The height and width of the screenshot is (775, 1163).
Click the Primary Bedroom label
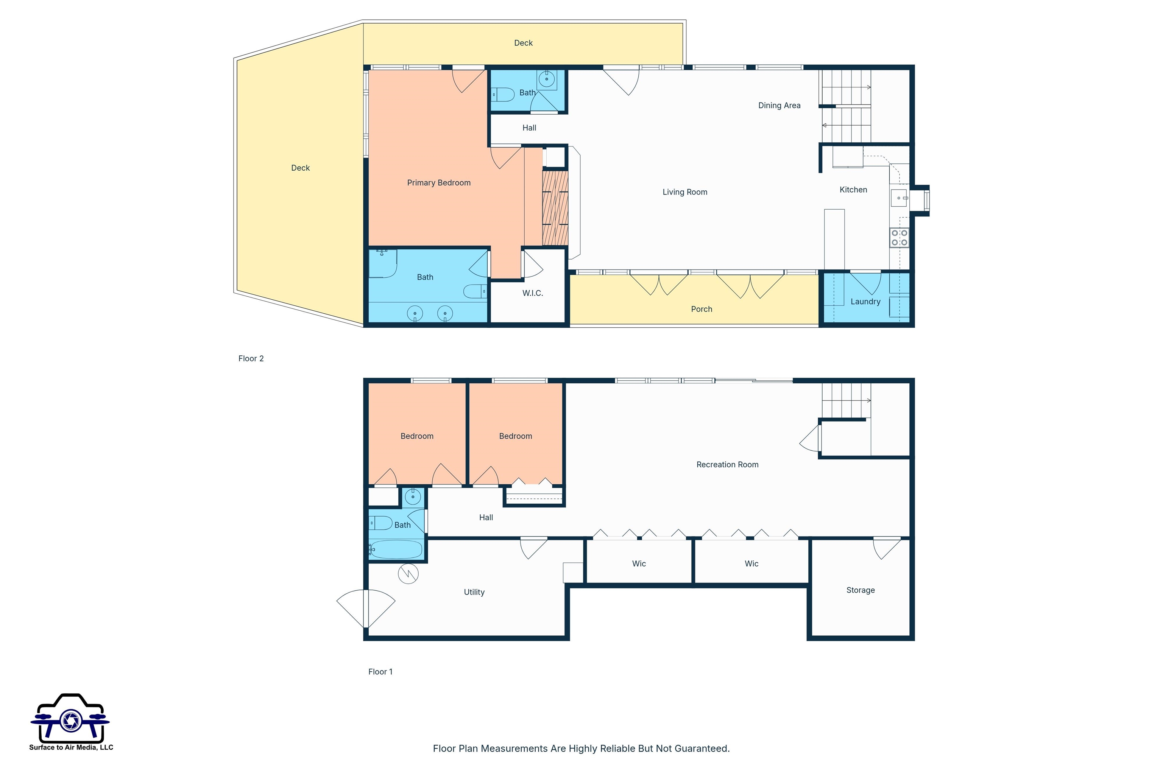(x=439, y=183)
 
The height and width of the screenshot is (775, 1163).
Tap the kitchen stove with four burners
(x=899, y=237)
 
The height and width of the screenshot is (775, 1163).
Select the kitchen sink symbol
(x=898, y=198)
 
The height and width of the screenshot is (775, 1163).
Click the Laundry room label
(x=865, y=302)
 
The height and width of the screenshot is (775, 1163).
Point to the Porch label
(x=701, y=309)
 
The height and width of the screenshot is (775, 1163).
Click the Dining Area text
(x=779, y=105)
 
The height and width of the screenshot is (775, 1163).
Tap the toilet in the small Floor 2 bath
(x=504, y=94)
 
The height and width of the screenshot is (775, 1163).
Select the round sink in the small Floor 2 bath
(x=546, y=79)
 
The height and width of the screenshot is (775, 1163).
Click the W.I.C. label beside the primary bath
(x=533, y=293)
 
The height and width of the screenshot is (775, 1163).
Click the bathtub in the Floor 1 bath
(x=396, y=549)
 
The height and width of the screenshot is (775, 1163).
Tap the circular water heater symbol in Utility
(x=408, y=573)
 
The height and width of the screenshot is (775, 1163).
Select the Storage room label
(x=861, y=590)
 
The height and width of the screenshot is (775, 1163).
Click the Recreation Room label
(x=727, y=465)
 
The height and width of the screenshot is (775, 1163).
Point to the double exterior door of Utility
(x=366, y=608)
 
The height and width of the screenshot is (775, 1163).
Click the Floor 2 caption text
(x=251, y=358)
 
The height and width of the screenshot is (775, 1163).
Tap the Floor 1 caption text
(x=380, y=672)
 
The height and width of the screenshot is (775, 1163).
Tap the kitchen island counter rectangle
(x=834, y=239)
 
